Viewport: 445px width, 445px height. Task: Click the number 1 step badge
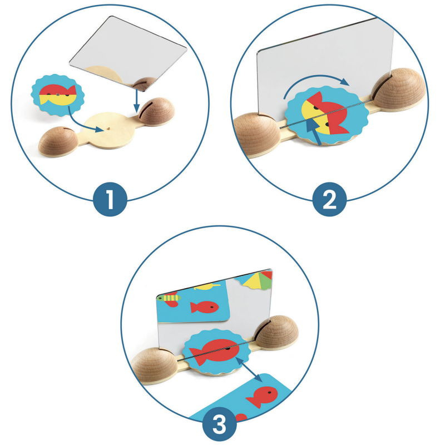pyautogui.click(x=110, y=200)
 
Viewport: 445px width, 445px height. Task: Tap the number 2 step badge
pyautogui.click(x=329, y=200)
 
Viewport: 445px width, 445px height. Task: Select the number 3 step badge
pyautogui.click(x=219, y=424)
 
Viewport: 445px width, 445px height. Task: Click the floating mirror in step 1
pyautogui.click(x=128, y=52)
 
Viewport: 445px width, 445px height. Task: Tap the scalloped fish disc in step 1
pyautogui.click(x=58, y=95)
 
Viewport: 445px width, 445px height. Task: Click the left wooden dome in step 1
pyautogui.click(x=58, y=141)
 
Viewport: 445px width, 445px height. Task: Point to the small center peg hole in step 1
pyautogui.click(x=108, y=128)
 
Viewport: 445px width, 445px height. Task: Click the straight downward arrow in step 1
pyautogui.click(x=136, y=101)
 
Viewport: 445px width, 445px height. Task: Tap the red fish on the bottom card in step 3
pyautogui.click(x=263, y=397)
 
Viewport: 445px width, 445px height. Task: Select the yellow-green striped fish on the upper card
pyautogui.click(x=170, y=298)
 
